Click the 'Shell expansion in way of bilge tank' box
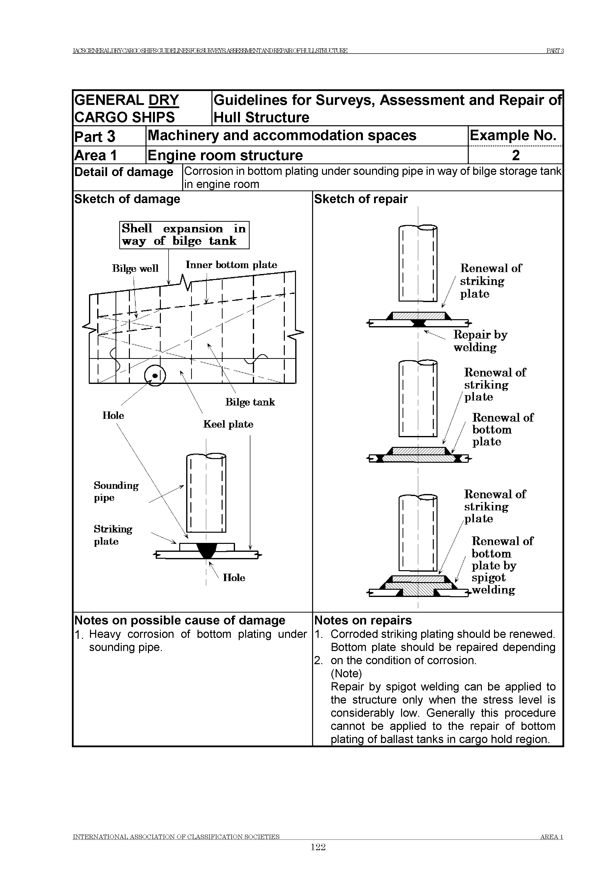[x=184, y=235]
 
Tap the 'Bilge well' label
[x=135, y=269]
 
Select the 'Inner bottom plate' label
[x=231, y=265]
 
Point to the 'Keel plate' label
[x=228, y=424]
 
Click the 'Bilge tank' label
[x=250, y=402]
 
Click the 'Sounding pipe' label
[x=116, y=492]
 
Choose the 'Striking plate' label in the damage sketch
[x=113, y=535]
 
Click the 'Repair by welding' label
[x=480, y=341]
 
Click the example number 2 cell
[x=515, y=155]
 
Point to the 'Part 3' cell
[x=95, y=136]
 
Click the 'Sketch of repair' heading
[x=361, y=199]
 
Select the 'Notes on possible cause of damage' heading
[x=180, y=620]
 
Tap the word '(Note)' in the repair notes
[x=346, y=673]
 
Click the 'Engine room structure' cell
[x=225, y=155]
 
